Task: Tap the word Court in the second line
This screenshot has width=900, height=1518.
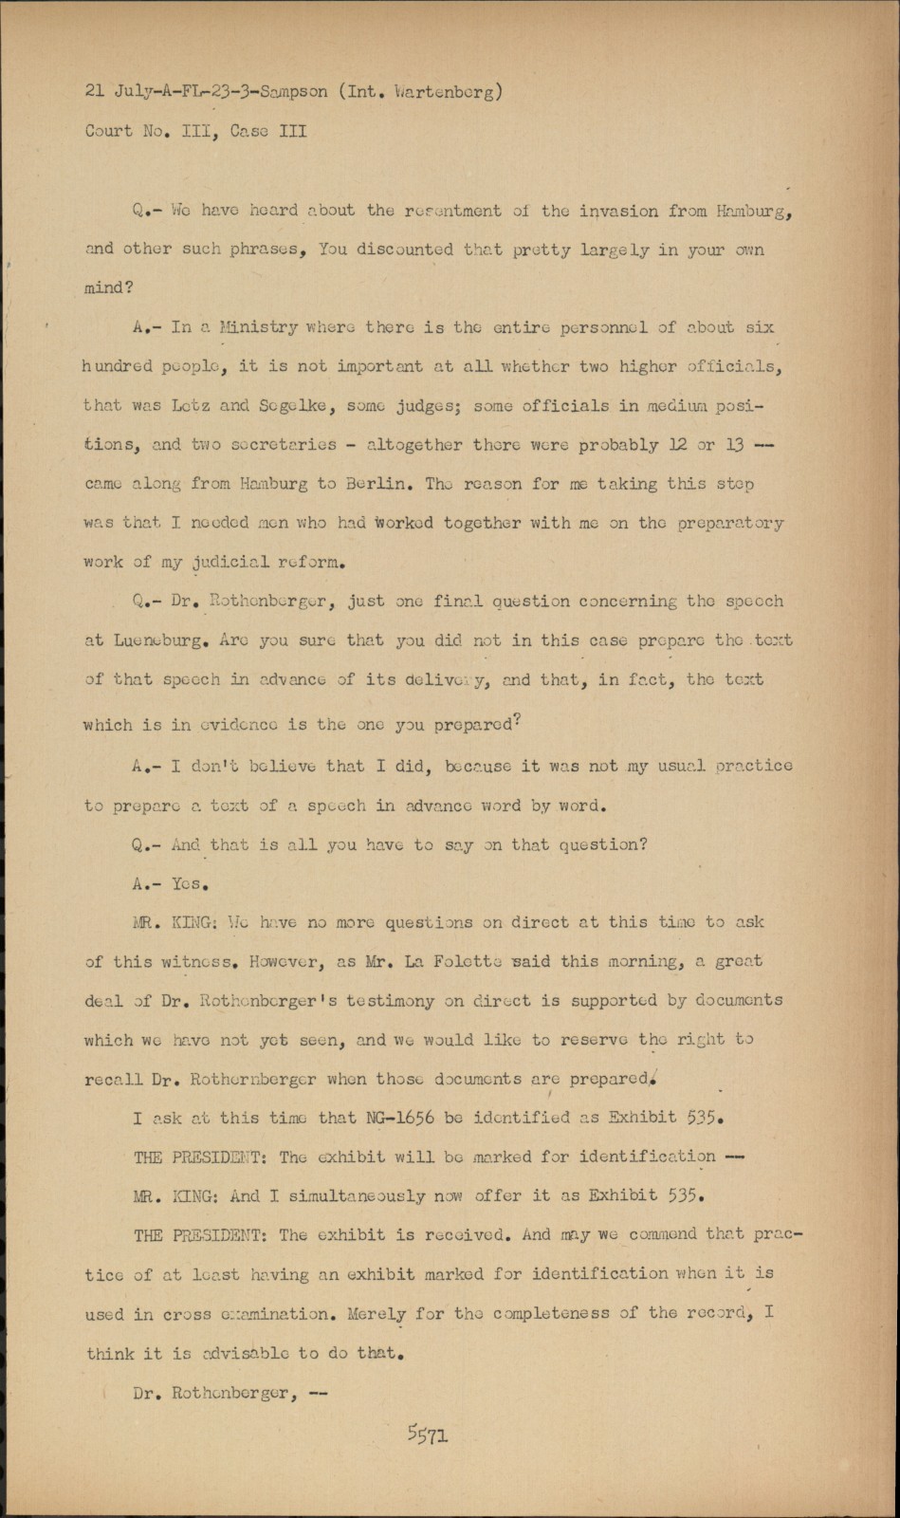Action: pyautogui.click(x=109, y=131)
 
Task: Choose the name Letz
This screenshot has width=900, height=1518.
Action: pyautogui.click(x=192, y=405)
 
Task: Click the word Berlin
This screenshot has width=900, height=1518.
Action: pyautogui.click(x=377, y=483)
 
